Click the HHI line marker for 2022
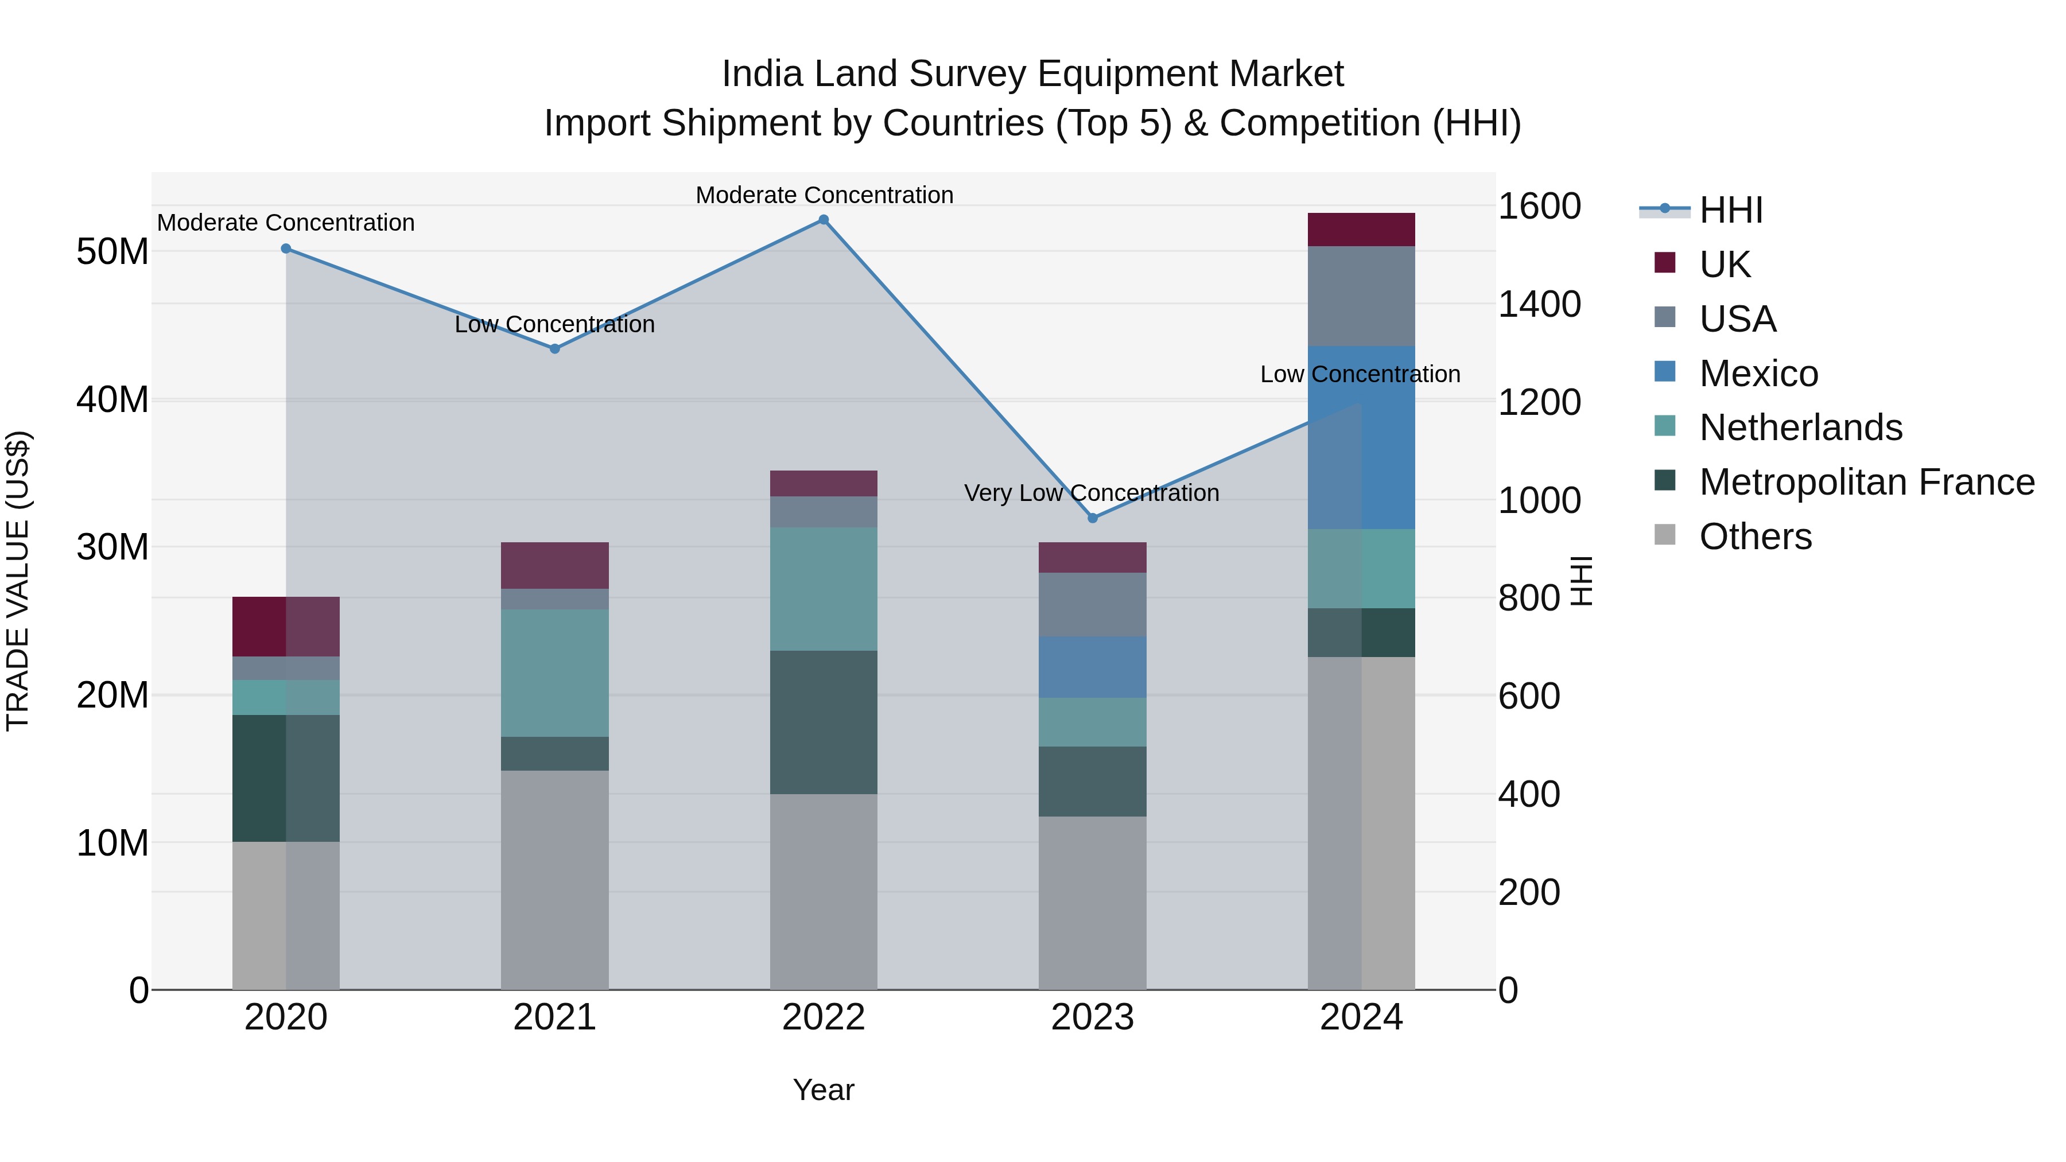(824, 220)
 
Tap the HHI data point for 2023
(1092, 518)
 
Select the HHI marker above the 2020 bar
(286, 248)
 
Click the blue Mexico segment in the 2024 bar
(1361, 437)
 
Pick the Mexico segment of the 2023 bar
(1092, 667)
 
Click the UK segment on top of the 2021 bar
(554, 565)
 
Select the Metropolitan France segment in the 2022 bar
(824, 722)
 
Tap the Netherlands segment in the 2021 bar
(554, 673)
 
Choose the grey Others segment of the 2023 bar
(1092, 902)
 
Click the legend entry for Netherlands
(1800, 428)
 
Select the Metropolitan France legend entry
(1866, 482)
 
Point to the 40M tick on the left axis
(112, 399)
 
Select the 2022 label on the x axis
(824, 1017)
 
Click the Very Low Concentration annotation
(1092, 492)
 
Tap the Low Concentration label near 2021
(554, 324)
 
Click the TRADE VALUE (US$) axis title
(18, 581)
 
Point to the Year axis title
(824, 1090)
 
